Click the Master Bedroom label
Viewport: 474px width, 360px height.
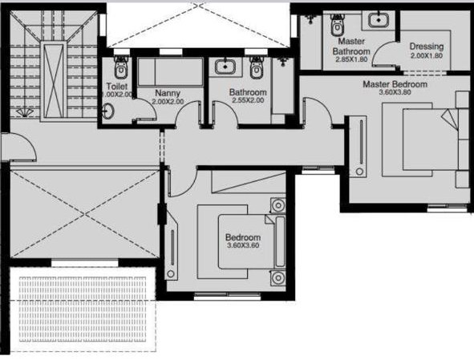click(x=395, y=84)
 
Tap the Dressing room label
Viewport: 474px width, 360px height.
click(x=427, y=47)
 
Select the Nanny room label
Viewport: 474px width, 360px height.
click(x=168, y=93)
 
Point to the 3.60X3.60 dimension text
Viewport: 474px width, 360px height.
click(x=243, y=245)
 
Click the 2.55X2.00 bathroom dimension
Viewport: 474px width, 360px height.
click(x=248, y=100)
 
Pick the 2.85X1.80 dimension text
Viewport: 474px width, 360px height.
click(x=351, y=59)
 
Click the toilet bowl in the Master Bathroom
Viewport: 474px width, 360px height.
click(x=337, y=24)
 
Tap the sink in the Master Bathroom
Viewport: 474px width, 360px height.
click(x=379, y=20)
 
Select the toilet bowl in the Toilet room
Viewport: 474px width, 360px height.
click(x=121, y=67)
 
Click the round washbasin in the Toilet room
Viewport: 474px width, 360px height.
click(x=108, y=111)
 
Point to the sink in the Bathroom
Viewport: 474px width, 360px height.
click(x=225, y=67)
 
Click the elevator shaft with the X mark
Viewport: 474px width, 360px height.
click(x=54, y=80)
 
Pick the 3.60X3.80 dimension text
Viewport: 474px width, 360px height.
click(x=395, y=92)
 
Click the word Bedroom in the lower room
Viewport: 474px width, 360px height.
click(x=243, y=237)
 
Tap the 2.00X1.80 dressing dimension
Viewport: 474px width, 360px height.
click(x=427, y=55)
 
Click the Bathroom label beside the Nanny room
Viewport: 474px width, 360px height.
click(x=248, y=92)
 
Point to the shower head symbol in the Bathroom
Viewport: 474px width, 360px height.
click(x=282, y=62)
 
